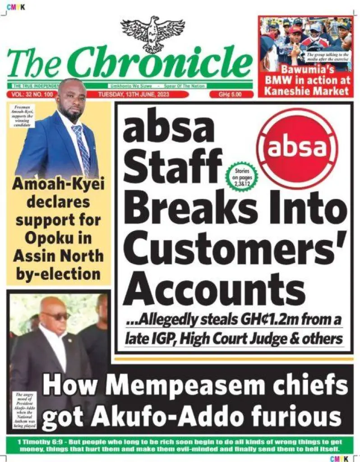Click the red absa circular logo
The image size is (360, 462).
(297, 148)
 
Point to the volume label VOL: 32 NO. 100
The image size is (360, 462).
(31, 95)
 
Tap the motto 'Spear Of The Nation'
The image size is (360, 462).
(185, 86)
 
